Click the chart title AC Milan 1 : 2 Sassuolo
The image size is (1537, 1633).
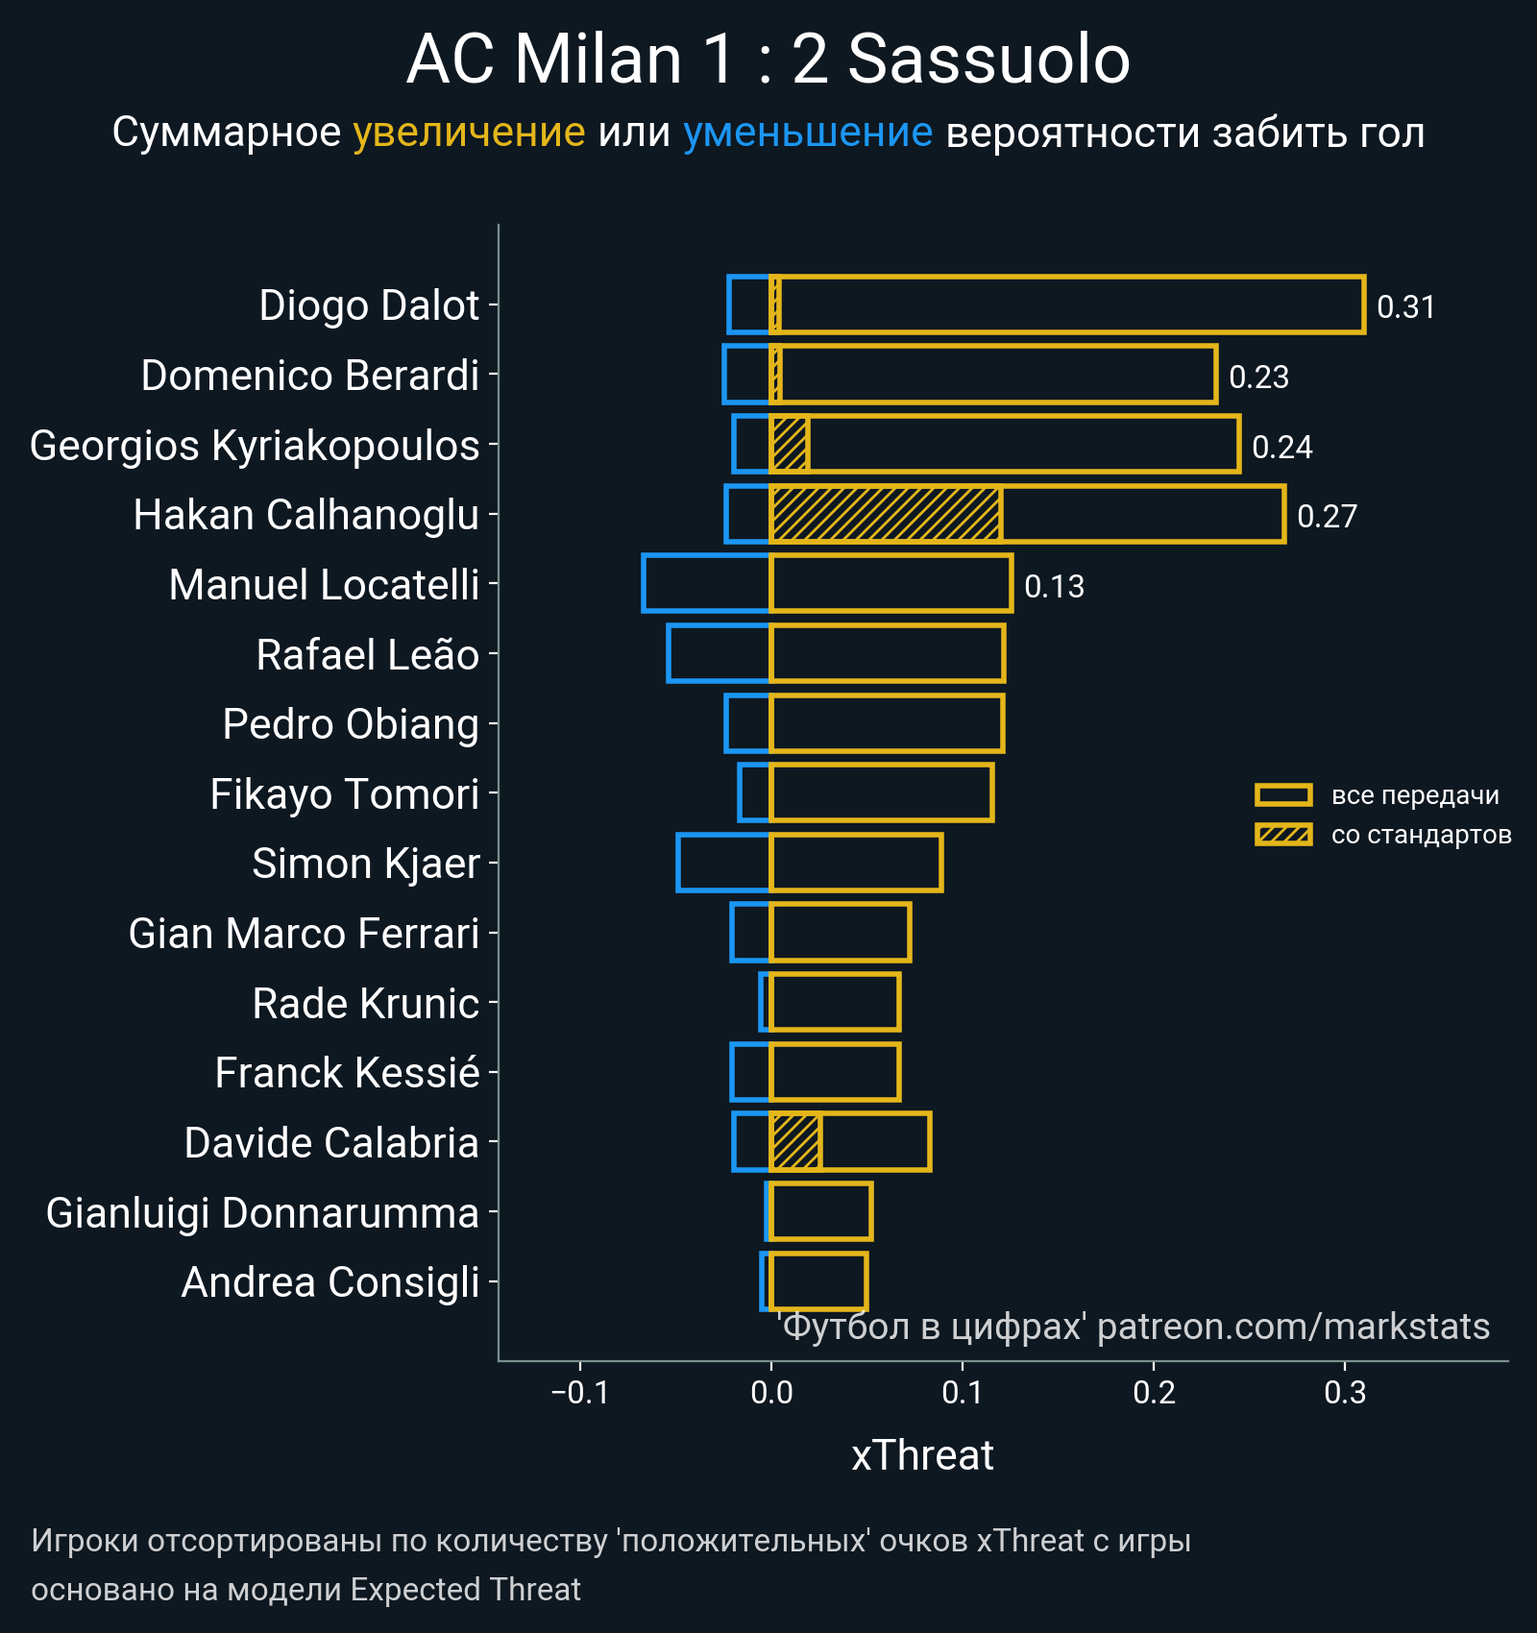click(x=768, y=60)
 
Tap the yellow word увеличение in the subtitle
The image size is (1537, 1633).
click(x=469, y=133)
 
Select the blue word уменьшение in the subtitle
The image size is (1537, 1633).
click(x=807, y=133)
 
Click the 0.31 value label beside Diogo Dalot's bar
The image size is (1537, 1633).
click(x=1405, y=306)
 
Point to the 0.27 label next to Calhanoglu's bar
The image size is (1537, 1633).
click(x=1327, y=516)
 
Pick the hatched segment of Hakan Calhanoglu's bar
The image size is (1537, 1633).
click(x=886, y=515)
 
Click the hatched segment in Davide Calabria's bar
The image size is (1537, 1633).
click(x=795, y=1142)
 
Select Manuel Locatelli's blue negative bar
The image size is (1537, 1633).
click(x=706, y=583)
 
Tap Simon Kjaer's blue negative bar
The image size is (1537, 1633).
click(x=723, y=863)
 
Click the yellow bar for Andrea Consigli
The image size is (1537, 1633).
click(x=818, y=1281)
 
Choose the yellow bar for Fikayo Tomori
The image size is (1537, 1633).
click(x=882, y=793)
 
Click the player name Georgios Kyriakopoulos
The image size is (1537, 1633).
click(x=255, y=446)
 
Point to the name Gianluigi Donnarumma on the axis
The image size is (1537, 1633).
click(x=262, y=1213)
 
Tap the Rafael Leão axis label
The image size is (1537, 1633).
click(x=367, y=655)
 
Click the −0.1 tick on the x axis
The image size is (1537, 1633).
click(x=579, y=1393)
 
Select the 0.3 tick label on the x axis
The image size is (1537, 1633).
click(x=1345, y=1393)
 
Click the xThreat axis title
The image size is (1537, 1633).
click(x=922, y=1455)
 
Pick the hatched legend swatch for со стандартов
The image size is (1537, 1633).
click(x=1283, y=834)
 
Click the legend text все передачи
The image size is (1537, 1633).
click(x=1415, y=795)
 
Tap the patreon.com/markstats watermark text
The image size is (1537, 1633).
click(x=1292, y=1327)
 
